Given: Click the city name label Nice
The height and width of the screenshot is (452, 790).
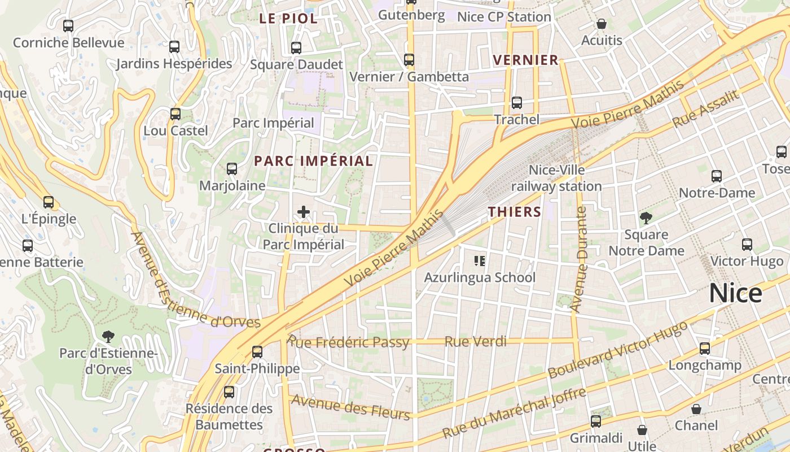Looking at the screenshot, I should (735, 293).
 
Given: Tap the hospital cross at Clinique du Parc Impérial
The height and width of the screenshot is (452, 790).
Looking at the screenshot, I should (304, 212).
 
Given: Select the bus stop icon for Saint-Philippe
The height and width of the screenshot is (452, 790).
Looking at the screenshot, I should (257, 351).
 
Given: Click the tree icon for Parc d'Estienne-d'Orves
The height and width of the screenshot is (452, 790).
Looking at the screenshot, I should (108, 337).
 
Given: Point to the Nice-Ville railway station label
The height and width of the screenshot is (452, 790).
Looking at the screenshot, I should (556, 178).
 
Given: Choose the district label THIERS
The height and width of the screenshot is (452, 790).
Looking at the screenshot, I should (515, 212).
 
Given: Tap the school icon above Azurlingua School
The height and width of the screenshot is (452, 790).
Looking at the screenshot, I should (480, 260).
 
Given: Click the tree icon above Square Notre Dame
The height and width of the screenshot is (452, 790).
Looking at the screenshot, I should (646, 218).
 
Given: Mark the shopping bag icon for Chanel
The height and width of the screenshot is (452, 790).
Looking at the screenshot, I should (696, 408).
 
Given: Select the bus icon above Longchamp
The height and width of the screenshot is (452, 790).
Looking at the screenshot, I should (704, 348).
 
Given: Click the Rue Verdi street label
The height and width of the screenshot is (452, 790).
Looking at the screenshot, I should (475, 341).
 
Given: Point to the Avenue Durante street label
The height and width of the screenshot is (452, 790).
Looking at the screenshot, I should (580, 260).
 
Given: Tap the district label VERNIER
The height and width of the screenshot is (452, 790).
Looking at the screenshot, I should (525, 60).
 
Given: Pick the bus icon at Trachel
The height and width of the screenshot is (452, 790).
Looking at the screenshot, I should (516, 103).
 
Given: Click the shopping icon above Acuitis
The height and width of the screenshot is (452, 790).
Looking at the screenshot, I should (602, 24).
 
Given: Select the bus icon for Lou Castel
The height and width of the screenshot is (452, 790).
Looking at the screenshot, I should (175, 114).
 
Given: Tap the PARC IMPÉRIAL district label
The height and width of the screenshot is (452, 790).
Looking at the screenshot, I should (313, 161).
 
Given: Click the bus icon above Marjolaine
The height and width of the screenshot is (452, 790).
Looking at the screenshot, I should (231, 168).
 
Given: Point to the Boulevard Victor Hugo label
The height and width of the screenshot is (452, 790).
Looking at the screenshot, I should (618, 350).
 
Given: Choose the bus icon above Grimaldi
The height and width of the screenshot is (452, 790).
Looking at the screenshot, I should (596, 421).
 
